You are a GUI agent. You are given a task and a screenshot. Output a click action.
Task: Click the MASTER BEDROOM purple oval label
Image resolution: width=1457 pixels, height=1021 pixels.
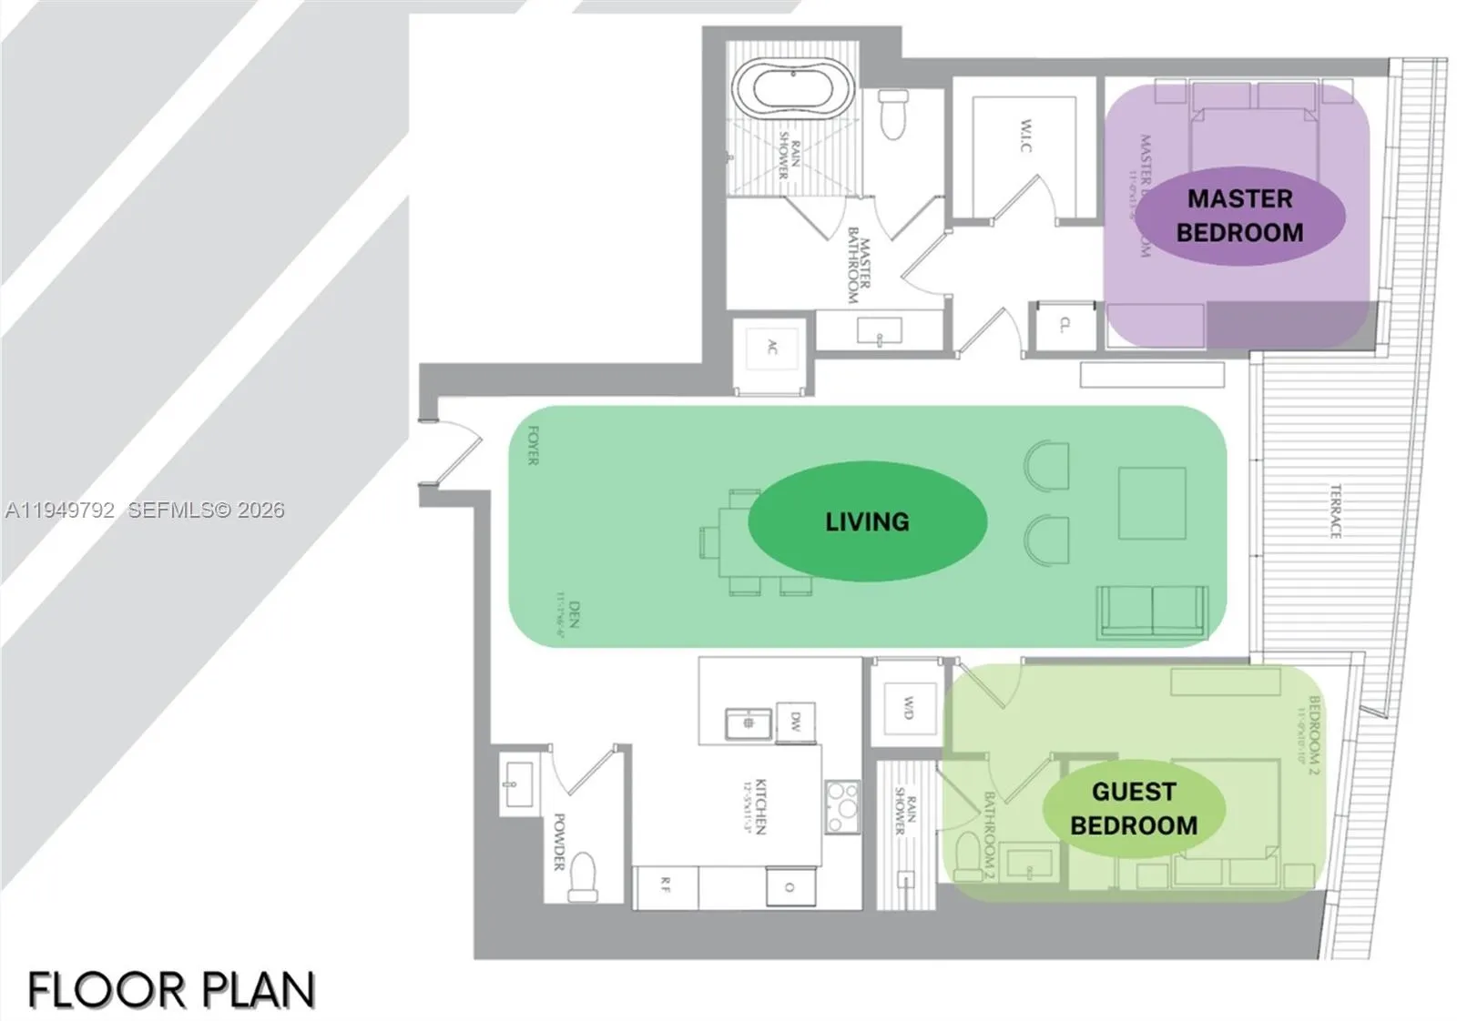point(1239,216)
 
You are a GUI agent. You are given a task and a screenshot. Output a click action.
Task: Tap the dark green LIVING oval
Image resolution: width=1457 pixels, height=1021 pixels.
point(867,521)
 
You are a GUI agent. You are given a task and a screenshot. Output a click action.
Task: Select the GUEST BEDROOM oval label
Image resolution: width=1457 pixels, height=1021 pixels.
point(1134,808)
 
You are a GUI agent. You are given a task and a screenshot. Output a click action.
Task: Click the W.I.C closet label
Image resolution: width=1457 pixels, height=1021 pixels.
point(1026,135)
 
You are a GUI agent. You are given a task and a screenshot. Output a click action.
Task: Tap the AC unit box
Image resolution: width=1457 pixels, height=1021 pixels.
point(772,346)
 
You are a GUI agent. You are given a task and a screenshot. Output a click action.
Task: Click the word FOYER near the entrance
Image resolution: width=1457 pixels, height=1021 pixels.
point(534,445)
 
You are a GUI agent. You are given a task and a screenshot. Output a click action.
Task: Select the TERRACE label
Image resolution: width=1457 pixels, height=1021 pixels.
point(1335,510)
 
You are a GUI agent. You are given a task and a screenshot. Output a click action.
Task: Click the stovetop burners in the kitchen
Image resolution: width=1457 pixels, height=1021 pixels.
point(841,806)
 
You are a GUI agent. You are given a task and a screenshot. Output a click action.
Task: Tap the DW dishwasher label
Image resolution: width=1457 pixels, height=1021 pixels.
point(795,722)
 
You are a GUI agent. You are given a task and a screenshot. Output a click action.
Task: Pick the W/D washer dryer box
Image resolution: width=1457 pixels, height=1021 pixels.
point(907,708)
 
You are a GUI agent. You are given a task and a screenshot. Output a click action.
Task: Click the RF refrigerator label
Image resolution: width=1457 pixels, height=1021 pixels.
point(666,884)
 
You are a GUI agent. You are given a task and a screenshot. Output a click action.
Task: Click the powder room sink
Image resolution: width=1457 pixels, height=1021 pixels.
point(517,784)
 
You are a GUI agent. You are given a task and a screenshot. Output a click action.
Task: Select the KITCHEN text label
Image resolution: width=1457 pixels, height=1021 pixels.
point(759,806)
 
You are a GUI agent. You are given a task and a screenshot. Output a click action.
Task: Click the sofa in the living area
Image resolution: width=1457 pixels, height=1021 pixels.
point(1152,610)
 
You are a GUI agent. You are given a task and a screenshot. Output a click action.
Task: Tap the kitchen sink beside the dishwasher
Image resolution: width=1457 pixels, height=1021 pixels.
point(749,723)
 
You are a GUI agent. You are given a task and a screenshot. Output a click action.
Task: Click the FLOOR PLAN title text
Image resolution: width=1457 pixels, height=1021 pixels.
point(172,990)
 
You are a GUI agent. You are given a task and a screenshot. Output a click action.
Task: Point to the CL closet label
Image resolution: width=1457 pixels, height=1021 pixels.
point(1065,324)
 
